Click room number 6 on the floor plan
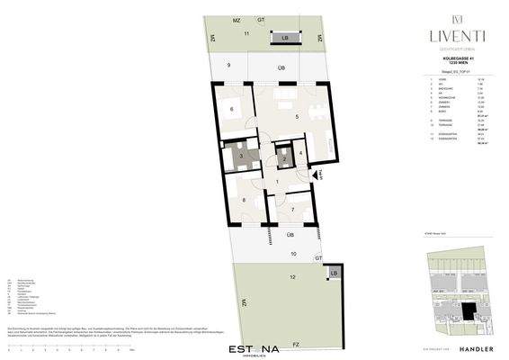click(x=232, y=110)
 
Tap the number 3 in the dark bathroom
click(x=241, y=155)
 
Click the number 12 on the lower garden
click(x=292, y=255)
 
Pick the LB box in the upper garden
click(x=285, y=39)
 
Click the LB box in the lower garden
click(x=334, y=273)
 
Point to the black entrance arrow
click(x=318, y=175)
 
